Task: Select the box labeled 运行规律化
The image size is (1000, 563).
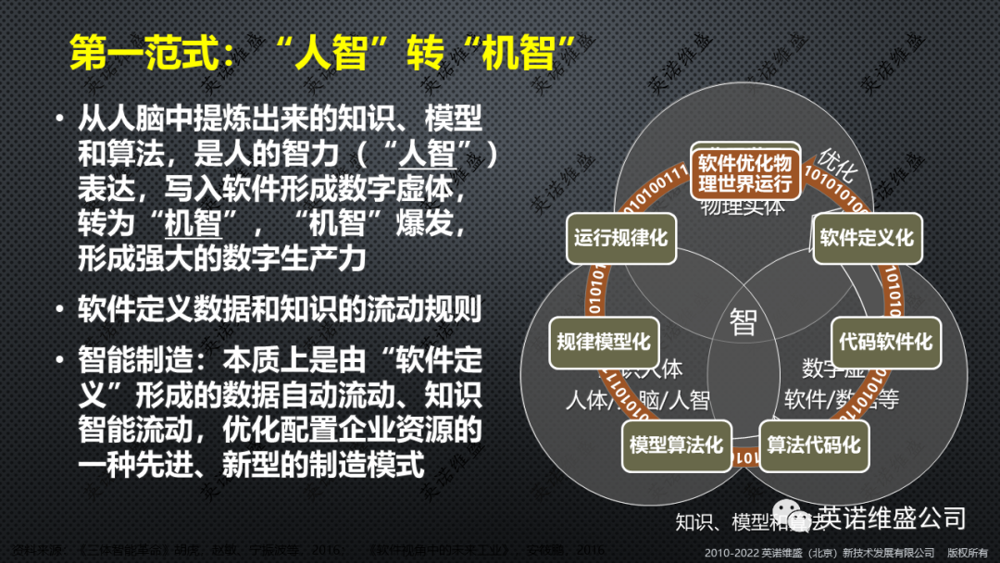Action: pos(619,238)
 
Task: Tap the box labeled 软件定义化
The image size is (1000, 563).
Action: pos(867,238)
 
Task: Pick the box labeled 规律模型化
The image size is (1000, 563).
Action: pos(603,342)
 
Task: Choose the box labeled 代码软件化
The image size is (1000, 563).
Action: pos(885,342)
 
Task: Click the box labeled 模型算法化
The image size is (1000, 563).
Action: pos(676,444)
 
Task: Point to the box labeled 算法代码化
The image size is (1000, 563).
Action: pos(814,444)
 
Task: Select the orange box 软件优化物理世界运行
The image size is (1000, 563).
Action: pos(745,171)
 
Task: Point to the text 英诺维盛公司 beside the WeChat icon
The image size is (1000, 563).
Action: pos(893,517)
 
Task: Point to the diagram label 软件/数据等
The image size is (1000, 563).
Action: pos(841,400)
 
